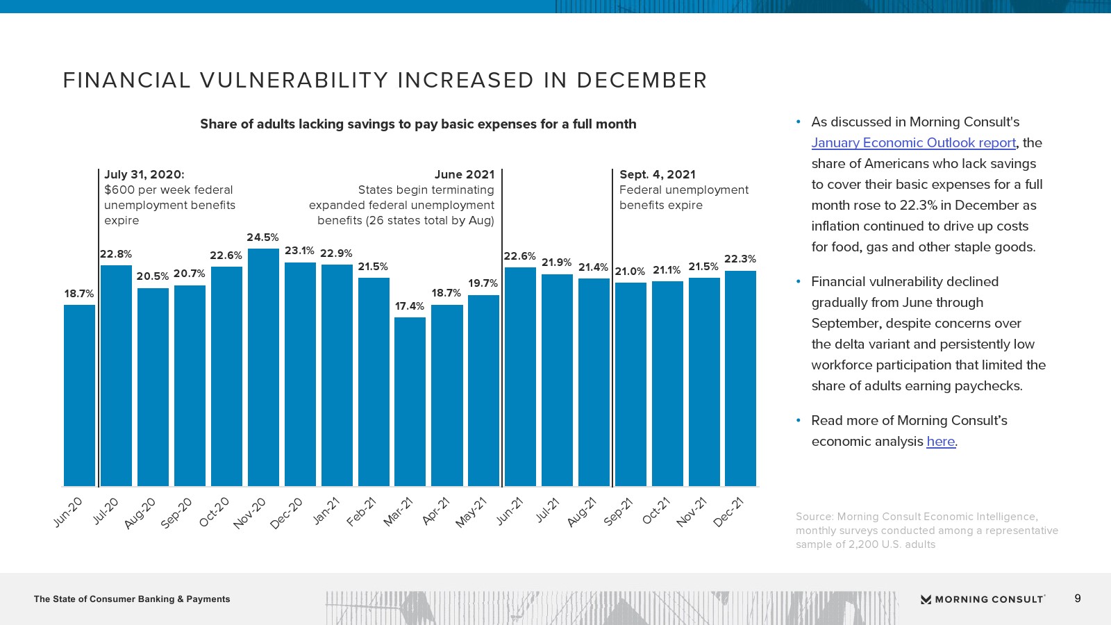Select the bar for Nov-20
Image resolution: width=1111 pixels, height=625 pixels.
[x=263, y=368]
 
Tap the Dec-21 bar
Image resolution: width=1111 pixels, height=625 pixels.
[x=740, y=378]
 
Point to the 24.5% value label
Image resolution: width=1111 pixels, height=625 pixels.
[x=262, y=237]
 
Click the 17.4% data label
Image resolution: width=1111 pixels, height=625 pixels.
[x=410, y=306]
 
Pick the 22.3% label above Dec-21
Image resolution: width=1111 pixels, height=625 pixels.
[x=740, y=259]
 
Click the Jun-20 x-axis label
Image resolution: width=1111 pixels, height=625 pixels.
[x=68, y=512]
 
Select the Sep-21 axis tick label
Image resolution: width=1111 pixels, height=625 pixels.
[x=618, y=512]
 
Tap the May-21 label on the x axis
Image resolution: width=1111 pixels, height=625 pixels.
[x=471, y=512]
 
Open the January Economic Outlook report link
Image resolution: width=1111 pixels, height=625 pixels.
[x=913, y=143]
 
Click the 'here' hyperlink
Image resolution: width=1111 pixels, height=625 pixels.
[x=941, y=442]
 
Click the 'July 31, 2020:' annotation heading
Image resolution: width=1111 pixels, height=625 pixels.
[x=144, y=175]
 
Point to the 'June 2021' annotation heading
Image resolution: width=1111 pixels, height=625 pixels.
[x=465, y=175]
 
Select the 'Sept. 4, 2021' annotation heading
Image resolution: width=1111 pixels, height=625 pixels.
[x=657, y=175]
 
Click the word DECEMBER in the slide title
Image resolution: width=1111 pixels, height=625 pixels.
[x=642, y=81]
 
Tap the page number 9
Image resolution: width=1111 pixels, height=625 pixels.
[x=1078, y=599]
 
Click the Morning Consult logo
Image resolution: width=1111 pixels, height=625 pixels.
[x=983, y=599]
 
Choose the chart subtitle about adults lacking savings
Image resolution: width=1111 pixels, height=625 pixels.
[x=418, y=124]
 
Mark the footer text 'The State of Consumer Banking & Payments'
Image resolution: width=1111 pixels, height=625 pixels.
[x=132, y=599]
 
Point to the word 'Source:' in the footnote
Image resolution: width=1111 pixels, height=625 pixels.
[x=815, y=517]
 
